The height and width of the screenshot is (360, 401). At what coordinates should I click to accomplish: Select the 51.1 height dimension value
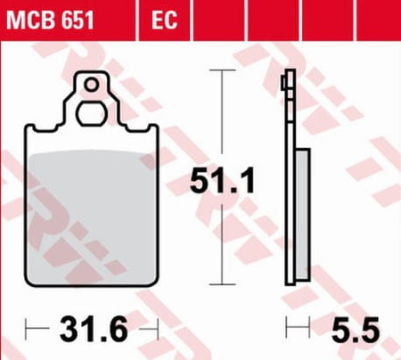(x=224, y=183)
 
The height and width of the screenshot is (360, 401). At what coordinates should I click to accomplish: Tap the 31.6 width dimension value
(x=93, y=330)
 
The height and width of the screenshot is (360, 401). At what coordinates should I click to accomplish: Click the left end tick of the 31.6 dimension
(x=27, y=330)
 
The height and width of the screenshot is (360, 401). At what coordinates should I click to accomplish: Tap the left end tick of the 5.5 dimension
(x=286, y=330)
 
